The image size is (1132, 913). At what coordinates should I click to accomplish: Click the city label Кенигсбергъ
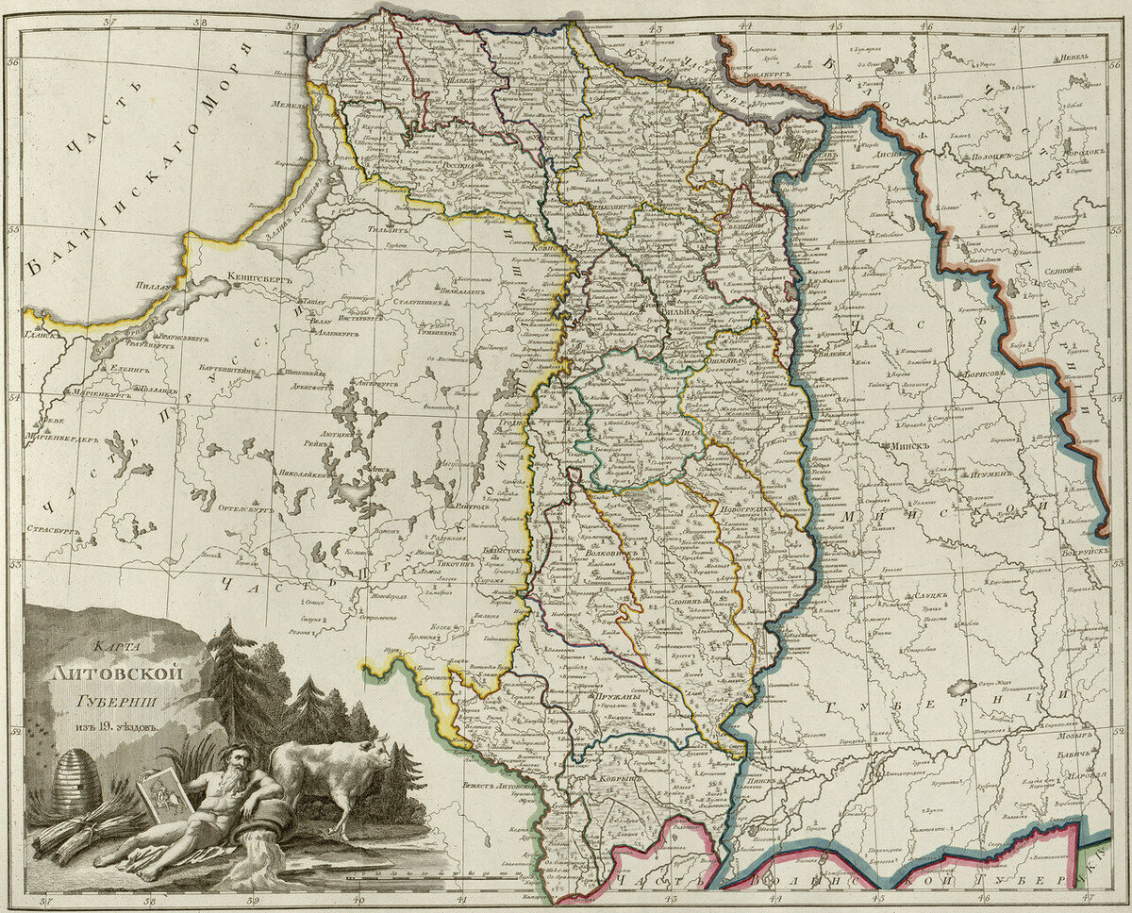click(262, 279)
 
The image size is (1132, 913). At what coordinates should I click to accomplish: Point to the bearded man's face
click(239, 761)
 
